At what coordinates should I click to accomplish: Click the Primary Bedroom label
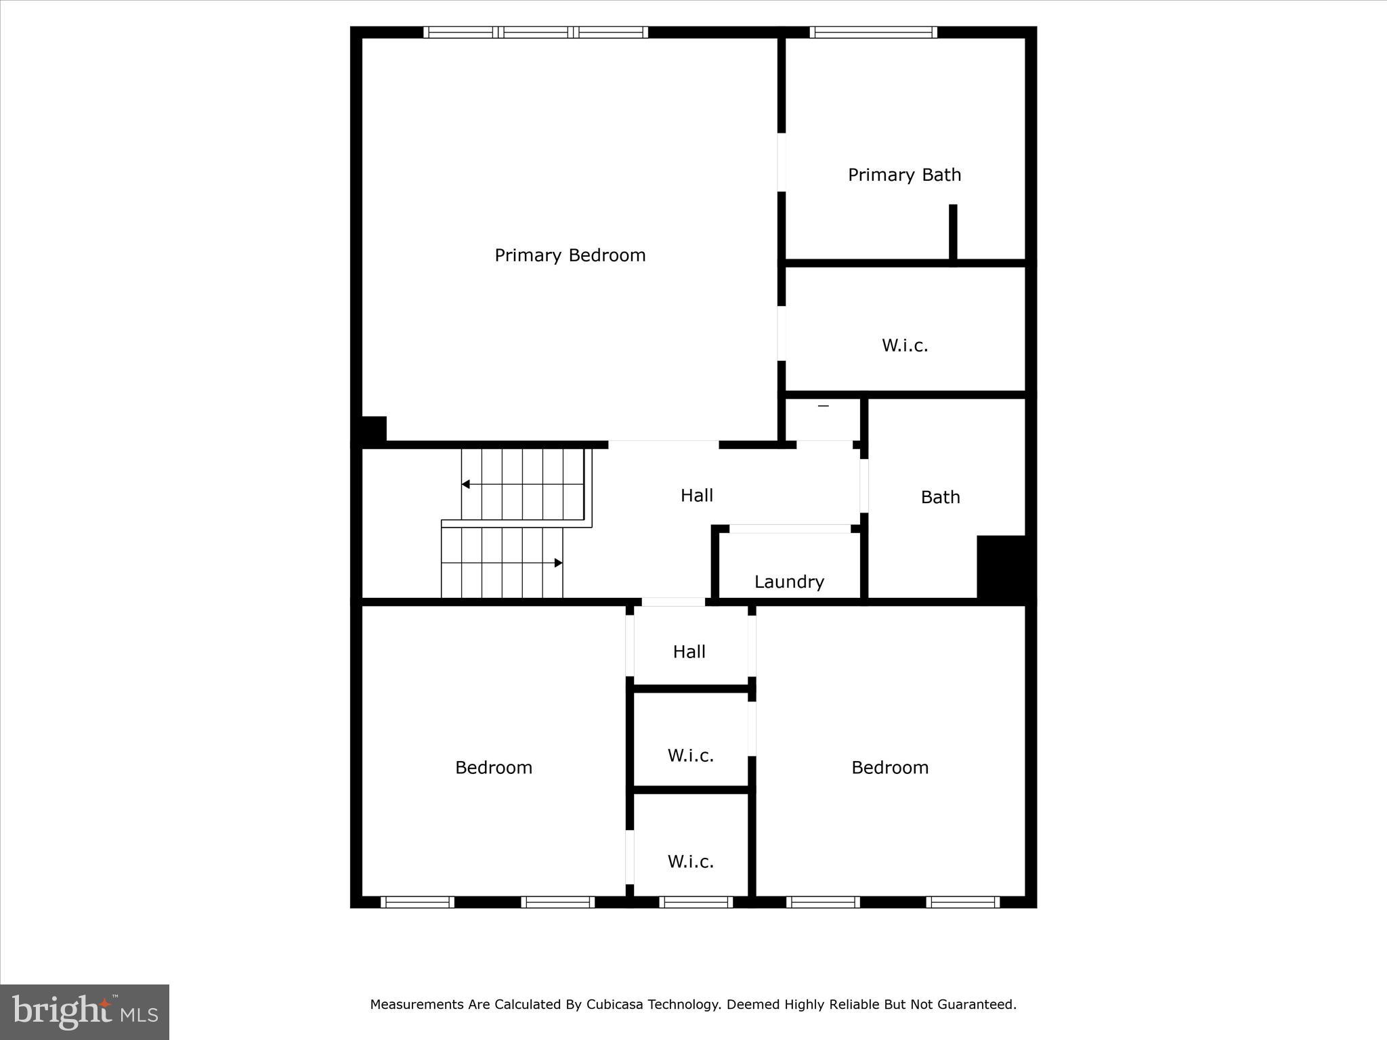click(570, 255)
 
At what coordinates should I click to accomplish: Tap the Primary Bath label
click(904, 175)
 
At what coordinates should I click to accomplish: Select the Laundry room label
click(789, 582)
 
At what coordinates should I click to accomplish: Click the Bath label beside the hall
click(940, 497)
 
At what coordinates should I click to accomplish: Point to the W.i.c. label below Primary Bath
click(904, 345)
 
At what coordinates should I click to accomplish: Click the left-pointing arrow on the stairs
click(466, 484)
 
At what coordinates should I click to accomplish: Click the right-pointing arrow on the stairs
click(558, 563)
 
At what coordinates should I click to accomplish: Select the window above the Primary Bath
click(873, 32)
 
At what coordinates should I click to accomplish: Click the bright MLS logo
click(85, 1012)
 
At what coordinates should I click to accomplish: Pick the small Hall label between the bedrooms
click(689, 651)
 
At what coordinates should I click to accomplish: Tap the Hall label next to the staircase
click(696, 495)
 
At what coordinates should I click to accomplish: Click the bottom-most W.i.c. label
click(690, 861)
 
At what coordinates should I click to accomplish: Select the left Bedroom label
click(493, 767)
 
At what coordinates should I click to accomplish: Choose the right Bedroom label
click(889, 767)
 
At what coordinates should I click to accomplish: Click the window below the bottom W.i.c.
click(696, 902)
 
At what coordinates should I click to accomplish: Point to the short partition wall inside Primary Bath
click(953, 232)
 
